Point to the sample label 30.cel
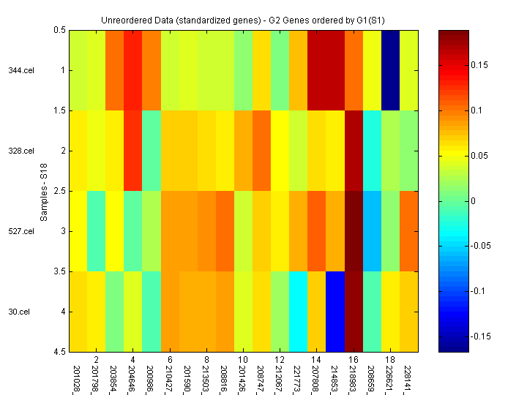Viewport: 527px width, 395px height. tap(19, 312)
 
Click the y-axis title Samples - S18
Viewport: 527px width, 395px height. tap(45, 192)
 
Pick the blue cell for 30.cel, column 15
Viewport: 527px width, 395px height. tap(335, 312)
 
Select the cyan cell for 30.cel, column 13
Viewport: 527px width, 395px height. tap(298, 312)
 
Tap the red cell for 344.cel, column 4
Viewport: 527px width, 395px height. tap(132, 70)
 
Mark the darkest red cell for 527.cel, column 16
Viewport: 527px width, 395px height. tap(354, 231)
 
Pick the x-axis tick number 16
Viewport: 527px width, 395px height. tap(354, 361)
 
